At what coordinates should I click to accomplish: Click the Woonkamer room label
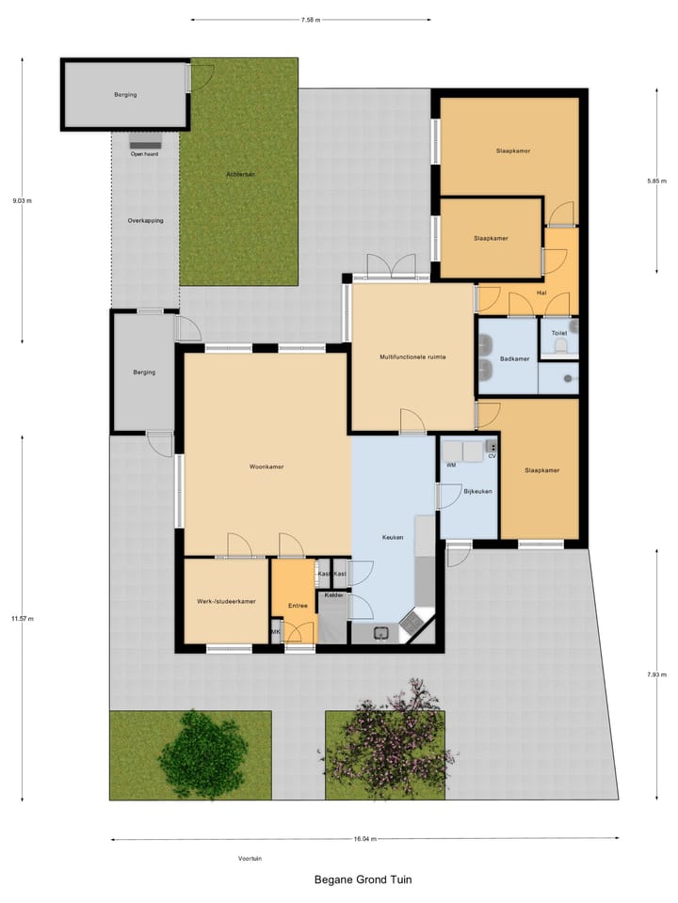266,467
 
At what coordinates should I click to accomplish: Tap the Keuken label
393,537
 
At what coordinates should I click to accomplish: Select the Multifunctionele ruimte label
412,357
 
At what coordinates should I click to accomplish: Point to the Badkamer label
514,358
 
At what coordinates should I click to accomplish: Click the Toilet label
559,333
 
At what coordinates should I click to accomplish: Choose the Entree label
299,606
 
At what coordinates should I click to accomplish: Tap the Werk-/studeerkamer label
226,601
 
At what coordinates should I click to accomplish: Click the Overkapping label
145,220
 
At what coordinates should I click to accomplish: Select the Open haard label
144,153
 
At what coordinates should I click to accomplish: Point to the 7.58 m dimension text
311,19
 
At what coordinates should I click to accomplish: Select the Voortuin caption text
250,858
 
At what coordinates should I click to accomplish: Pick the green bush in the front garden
205,752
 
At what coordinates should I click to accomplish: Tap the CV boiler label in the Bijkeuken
492,456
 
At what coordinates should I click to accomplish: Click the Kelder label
333,595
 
